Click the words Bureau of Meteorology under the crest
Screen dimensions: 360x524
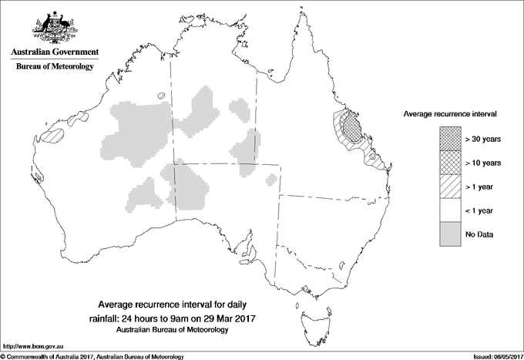tap(55, 67)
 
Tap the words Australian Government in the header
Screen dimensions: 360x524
tap(55, 52)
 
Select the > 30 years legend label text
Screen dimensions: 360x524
tap(483, 139)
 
